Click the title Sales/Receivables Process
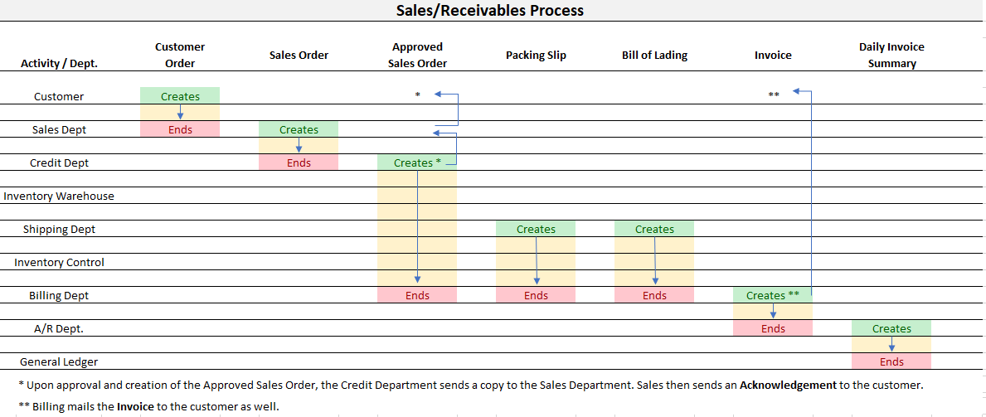(x=489, y=11)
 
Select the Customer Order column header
(x=180, y=55)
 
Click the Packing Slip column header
(x=536, y=55)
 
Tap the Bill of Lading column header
(x=654, y=55)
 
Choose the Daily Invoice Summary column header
(x=891, y=55)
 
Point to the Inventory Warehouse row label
(x=59, y=196)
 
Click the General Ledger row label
(x=59, y=362)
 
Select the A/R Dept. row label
(x=59, y=329)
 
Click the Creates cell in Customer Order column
(x=180, y=96)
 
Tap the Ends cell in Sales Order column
(x=299, y=162)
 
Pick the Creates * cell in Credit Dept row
(x=417, y=162)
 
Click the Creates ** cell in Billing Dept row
(x=772, y=295)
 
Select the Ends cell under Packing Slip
(x=536, y=295)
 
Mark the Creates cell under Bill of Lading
(x=654, y=229)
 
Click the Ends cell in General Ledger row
(x=891, y=361)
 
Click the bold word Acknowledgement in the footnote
(x=789, y=385)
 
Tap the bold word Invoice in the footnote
(x=133, y=406)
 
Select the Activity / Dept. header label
(x=59, y=64)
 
